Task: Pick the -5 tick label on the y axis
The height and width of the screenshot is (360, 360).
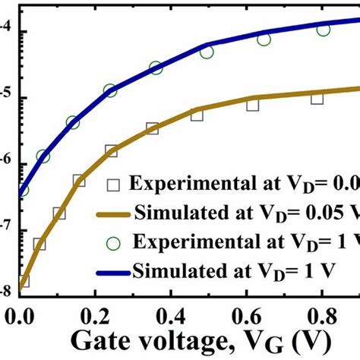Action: [x=6, y=97]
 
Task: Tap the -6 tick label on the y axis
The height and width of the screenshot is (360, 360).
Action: [x=6, y=163]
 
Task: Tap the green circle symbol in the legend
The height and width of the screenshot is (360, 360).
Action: [x=113, y=243]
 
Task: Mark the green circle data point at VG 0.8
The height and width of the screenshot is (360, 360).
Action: [x=324, y=30]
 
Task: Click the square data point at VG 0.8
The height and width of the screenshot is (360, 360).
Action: [x=317, y=98]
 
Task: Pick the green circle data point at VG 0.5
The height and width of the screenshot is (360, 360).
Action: [x=207, y=52]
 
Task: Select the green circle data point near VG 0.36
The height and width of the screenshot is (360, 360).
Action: [x=156, y=68]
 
